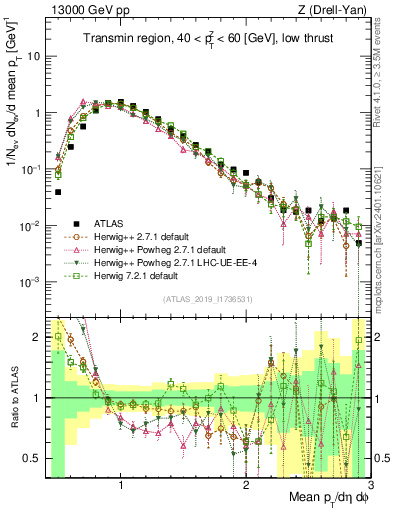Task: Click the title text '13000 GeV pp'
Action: tap(80, 8)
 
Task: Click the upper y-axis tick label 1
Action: tap(37, 113)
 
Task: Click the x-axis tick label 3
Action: tap(369, 487)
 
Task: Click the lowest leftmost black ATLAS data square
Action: tap(59, 191)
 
